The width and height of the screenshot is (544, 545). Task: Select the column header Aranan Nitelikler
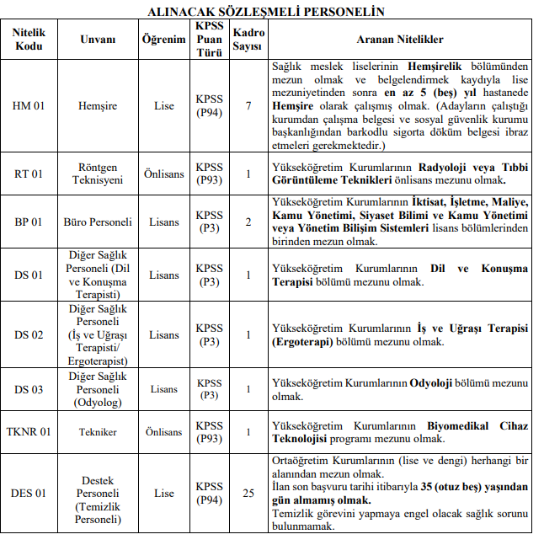[401, 40]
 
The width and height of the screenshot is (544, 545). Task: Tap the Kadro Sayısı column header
[248, 40]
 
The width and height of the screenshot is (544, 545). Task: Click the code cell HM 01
[29, 106]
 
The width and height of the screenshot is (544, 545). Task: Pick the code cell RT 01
[29, 174]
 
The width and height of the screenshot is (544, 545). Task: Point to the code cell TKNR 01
[29, 432]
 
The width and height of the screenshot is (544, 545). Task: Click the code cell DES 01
[29, 493]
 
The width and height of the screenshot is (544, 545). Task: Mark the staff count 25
[248, 493]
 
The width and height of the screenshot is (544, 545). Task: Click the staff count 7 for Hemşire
[248, 106]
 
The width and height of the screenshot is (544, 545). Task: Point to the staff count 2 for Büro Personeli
[248, 222]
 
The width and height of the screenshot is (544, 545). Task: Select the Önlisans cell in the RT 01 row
[163, 174]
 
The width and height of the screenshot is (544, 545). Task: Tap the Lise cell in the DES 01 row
[163, 493]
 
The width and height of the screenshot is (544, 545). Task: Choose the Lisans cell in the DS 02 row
[163, 334]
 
